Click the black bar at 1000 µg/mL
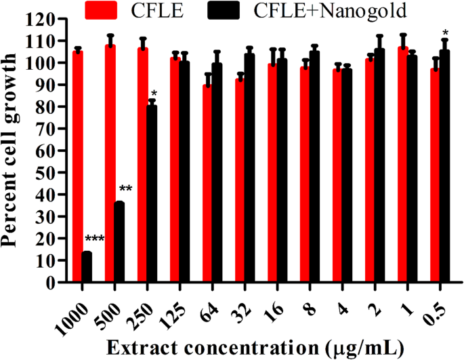[x=87, y=267]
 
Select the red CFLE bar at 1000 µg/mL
[x=77, y=166]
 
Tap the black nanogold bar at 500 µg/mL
[x=119, y=242]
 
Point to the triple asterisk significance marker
[x=95, y=239]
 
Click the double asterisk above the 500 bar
[x=126, y=189]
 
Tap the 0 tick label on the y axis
[x=56, y=283]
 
